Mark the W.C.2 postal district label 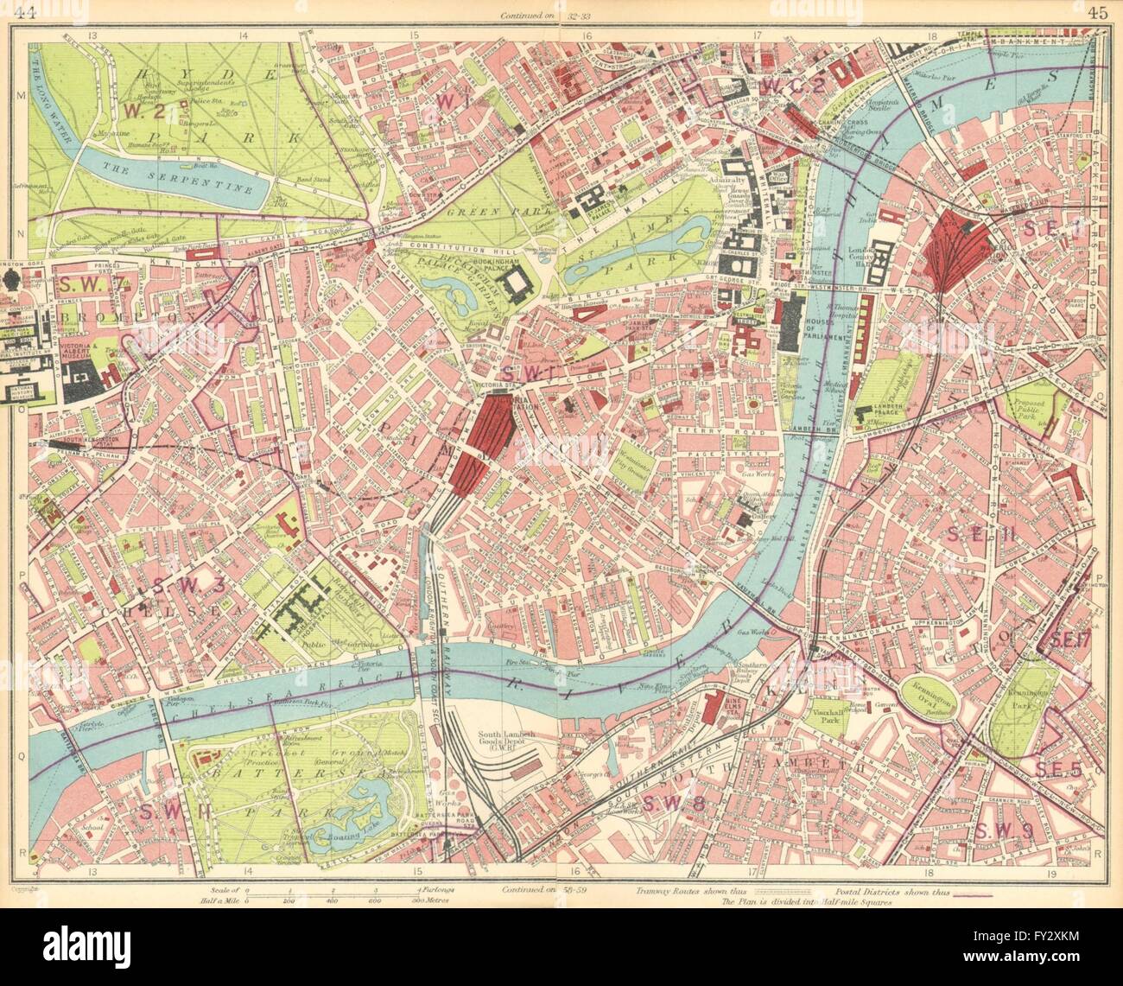796,86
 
